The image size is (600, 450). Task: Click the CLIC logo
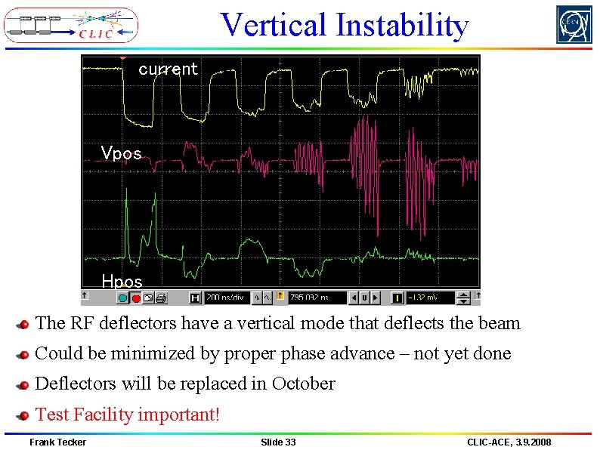click(x=71, y=25)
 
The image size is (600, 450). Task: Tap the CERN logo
click(x=574, y=25)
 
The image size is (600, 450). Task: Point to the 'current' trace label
click(x=168, y=69)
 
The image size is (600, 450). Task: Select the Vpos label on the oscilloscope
click(x=121, y=153)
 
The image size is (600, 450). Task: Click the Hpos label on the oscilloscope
click(x=122, y=282)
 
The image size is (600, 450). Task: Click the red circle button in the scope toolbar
click(x=136, y=297)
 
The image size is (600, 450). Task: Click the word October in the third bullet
click(x=303, y=384)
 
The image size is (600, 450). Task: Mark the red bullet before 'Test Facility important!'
click(x=23, y=415)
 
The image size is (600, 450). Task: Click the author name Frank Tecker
click(x=57, y=442)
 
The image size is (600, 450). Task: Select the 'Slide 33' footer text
click(x=278, y=442)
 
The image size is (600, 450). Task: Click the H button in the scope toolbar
click(x=195, y=297)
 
